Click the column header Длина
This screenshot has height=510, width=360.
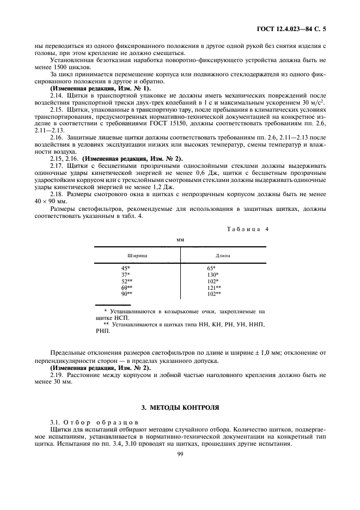pyautogui.click(x=223, y=255)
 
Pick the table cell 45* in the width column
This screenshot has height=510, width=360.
pyautogui.click(x=126, y=268)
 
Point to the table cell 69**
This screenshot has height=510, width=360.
pyautogui.click(x=127, y=287)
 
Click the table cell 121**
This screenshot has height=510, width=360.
pyautogui.click(x=213, y=287)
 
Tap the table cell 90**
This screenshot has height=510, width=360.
pyautogui.click(x=127, y=294)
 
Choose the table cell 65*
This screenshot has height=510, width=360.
pyautogui.click(x=211, y=268)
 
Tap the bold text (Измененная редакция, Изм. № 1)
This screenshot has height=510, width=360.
pyautogui.click(x=101, y=88)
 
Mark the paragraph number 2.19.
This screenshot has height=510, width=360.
pyautogui.click(x=58, y=374)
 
